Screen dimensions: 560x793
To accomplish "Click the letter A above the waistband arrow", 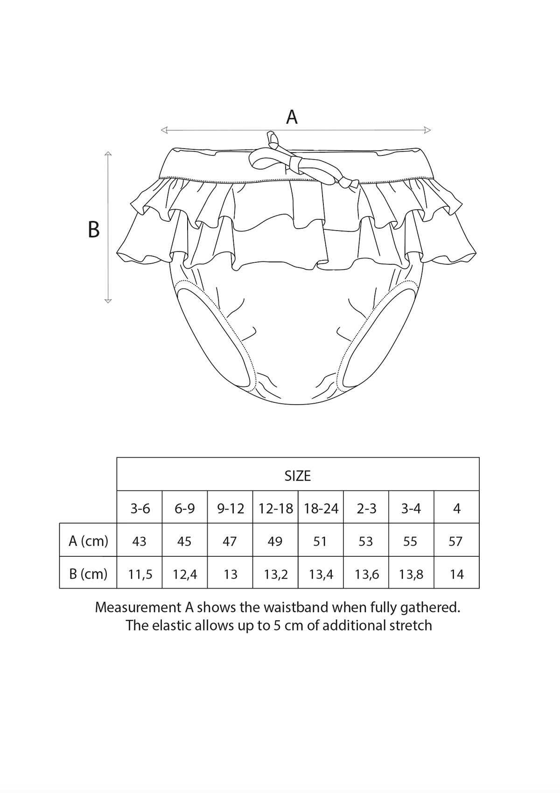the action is [x=292, y=117].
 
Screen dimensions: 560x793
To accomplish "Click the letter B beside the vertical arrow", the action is [x=93, y=230].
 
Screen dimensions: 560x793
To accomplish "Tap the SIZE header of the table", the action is [x=298, y=476].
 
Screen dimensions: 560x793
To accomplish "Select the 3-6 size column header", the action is [x=140, y=509].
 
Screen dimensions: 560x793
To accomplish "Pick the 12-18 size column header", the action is [x=276, y=509].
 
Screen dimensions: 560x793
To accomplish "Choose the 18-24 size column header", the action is [x=321, y=509].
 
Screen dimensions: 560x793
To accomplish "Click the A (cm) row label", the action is [x=88, y=541].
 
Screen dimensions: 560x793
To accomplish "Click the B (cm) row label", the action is [x=88, y=574].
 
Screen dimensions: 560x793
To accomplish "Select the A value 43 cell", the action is [x=139, y=541].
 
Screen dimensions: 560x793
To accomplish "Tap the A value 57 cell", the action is [x=455, y=541].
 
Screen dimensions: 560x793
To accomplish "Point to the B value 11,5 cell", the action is [x=140, y=574].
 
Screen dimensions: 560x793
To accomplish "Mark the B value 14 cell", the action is [x=457, y=574].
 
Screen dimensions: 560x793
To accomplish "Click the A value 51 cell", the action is [x=320, y=541].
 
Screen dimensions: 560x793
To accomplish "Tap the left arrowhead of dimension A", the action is [x=164, y=130].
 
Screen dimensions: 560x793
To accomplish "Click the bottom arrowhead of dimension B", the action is [x=108, y=301].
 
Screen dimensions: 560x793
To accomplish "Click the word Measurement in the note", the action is [x=139, y=608].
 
